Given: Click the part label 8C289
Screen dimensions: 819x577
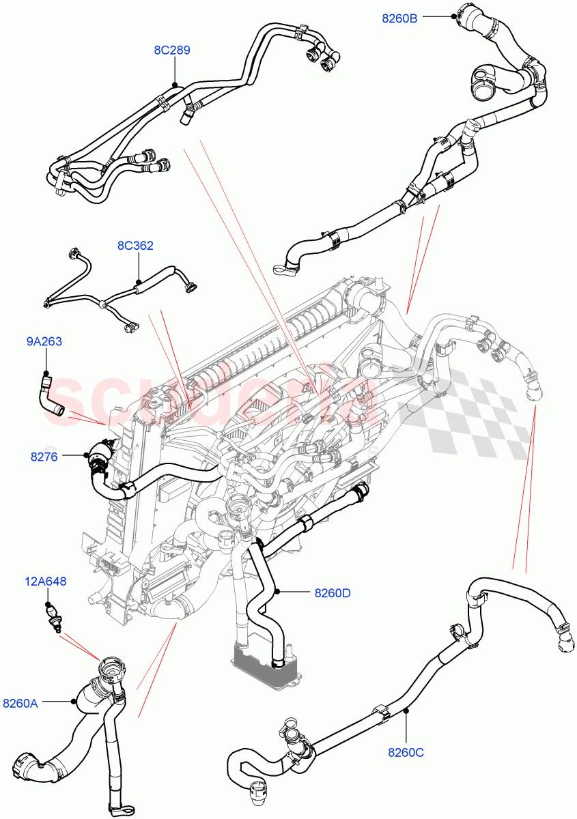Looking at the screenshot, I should (x=171, y=50).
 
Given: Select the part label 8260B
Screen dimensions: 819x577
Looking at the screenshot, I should (x=399, y=18).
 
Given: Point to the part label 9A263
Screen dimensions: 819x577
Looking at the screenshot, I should (x=44, y=341).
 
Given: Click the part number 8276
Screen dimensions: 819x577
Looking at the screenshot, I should (x=44, y=457).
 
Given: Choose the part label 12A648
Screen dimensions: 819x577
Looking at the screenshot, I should (x=46, y=581).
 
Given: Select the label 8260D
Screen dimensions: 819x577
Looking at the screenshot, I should (x=332, y=593).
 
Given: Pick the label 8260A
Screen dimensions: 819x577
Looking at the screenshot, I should (x=20, y=702).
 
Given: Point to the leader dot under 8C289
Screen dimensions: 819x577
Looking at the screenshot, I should (x=175, y=85).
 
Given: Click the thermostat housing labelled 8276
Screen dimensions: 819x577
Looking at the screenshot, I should (x=98, y=459).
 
